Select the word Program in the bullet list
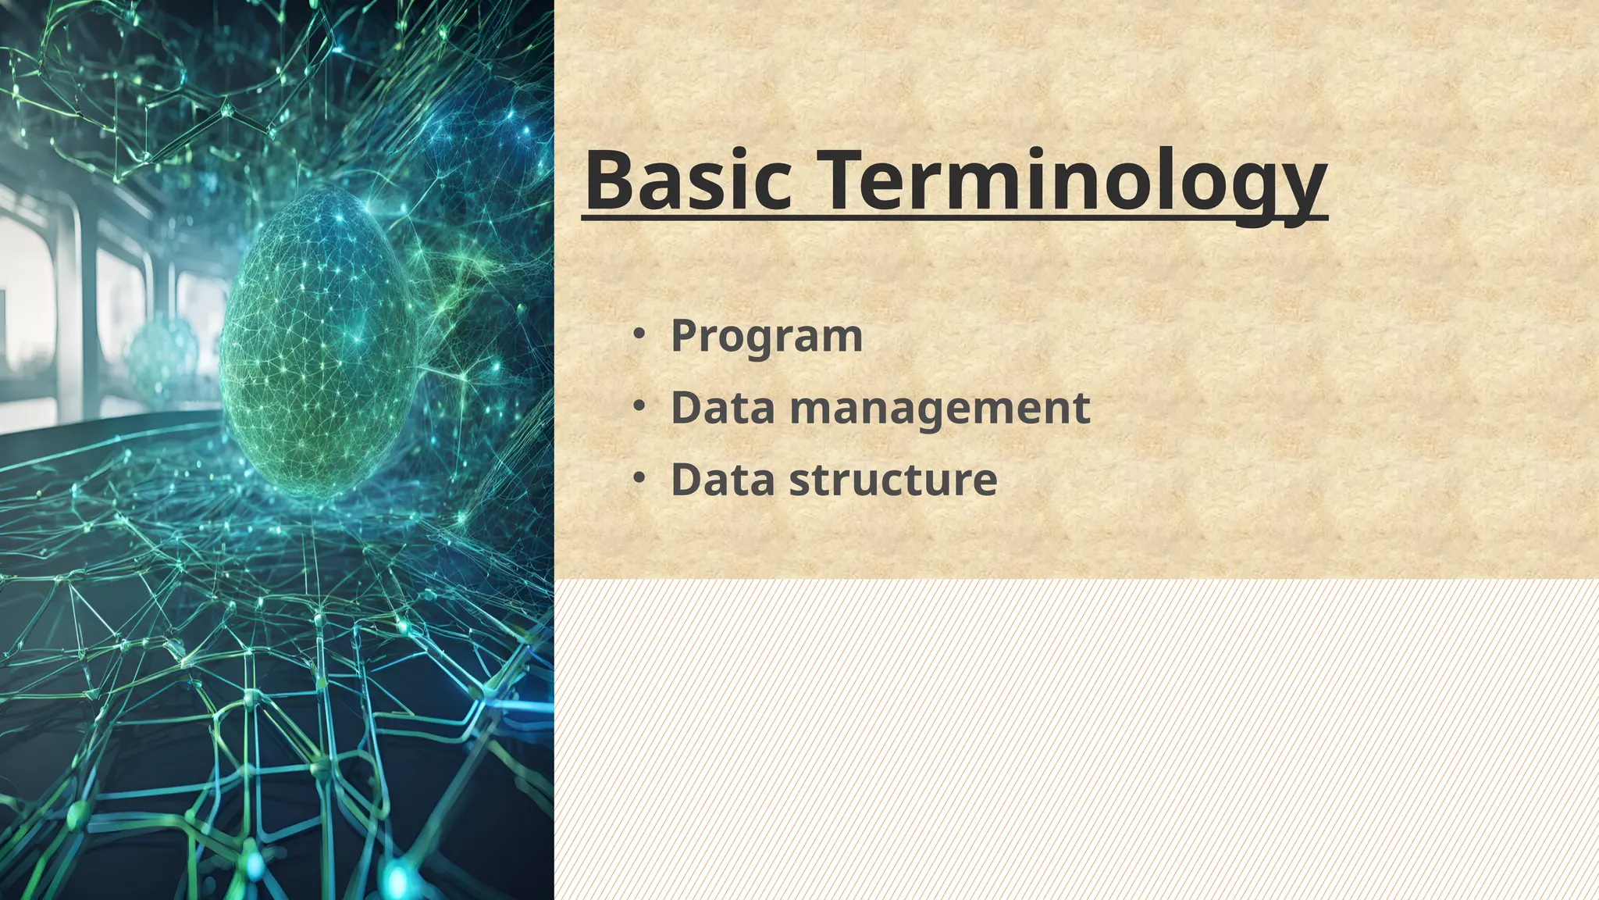(767, 336)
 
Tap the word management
(940, 409)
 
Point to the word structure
(893, 479)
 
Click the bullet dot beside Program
(639, 334)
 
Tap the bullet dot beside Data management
(639, 405)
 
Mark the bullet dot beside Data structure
(639, 477)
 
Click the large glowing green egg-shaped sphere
(320, 344)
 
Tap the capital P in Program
(684, 336)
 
